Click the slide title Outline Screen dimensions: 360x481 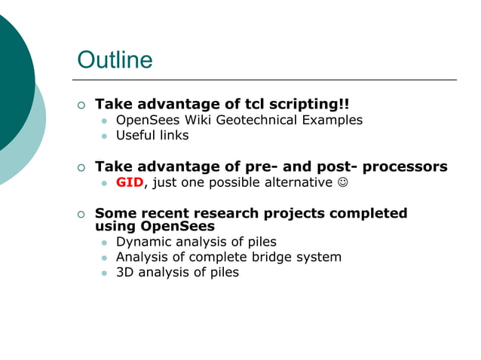click(x=115, y=60)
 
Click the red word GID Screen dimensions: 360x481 click(x=129, y=182)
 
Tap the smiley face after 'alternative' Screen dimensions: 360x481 click(x=343, y=182)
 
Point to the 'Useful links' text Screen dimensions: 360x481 click(x=152, y=136)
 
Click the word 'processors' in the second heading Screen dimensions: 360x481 click(x=405, y=166)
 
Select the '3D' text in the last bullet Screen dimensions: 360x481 click(x=125, y=273)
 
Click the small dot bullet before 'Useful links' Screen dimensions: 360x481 click(x=105, y=136)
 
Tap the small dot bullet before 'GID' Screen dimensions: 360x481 click(x=105, y=183)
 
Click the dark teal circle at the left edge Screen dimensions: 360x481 click(x=11, y=83)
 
